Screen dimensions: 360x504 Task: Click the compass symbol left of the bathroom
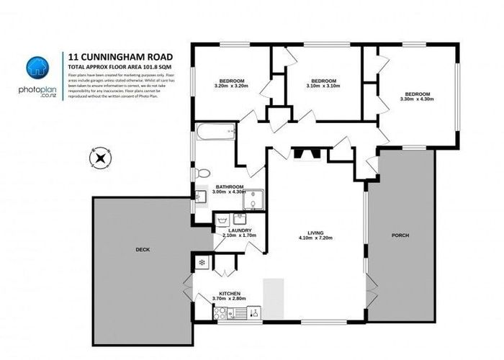pyautogui.click(x=100, y=157)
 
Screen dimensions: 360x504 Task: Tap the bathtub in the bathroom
pyautogui.click(x=216, y=132)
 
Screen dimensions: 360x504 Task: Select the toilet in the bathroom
pyautogui.click(x=203, y=173)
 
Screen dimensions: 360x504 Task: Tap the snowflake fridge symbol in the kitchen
pyautogui.click(x=202, y=261)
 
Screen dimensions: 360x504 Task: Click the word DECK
pyautogui.click(x=142, y=250)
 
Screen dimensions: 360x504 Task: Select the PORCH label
pyautogui.click(x=400, y=235)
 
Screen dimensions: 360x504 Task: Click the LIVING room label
pyautogui.click(x=315, y=232)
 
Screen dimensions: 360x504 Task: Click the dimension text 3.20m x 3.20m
pyautogui.click(x=231, y=86)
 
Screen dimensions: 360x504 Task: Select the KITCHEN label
pyautogui.click(x=230, y=293)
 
